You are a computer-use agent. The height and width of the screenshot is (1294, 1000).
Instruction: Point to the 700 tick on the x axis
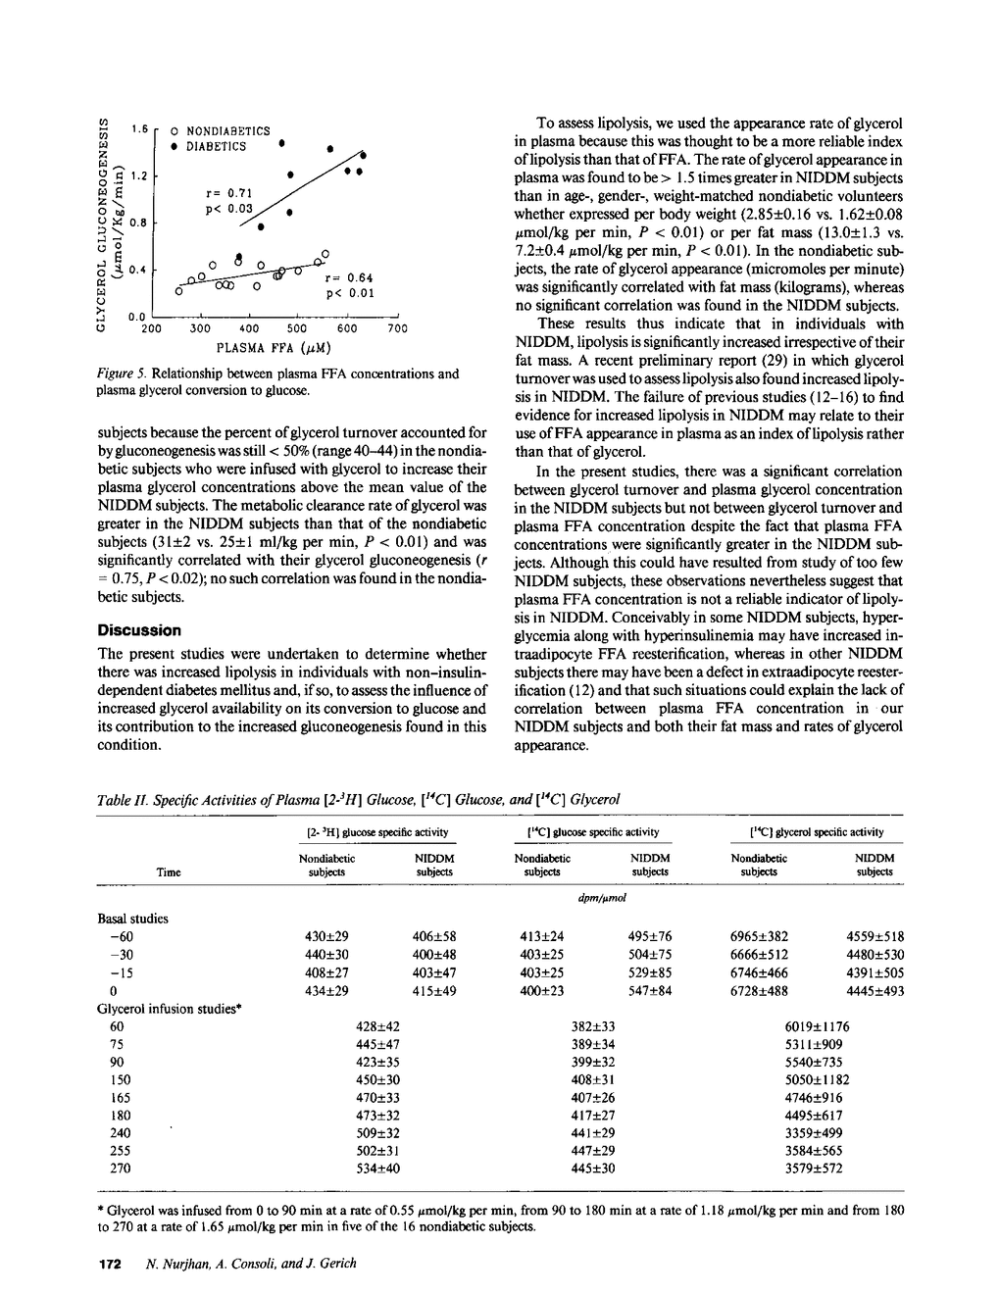[x=396, y=329]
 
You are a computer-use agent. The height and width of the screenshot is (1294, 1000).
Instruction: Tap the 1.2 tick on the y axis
[x=138, y=177]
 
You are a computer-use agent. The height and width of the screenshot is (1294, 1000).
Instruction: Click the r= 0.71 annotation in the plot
[x=229, y=193]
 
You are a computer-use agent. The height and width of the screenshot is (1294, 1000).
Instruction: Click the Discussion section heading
[x=139, y=630]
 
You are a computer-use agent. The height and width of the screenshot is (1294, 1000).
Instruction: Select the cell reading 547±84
[x=649, y=991]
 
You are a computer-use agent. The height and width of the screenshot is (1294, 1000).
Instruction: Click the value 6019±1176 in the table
[x=817, y=1026]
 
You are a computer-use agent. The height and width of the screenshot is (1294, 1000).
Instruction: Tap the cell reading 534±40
[x=377, y=1168]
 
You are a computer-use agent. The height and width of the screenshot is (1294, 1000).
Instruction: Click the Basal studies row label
[x=132, y=919]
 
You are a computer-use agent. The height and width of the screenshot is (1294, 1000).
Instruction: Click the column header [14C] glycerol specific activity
[x=817, y=832]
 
